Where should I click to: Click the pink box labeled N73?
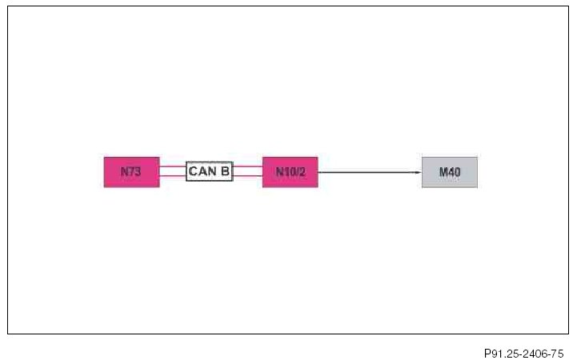tap(131, 172)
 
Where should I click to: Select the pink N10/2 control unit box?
tap(290, 172)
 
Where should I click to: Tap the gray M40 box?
tap(449, 172)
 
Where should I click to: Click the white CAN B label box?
tap(210, 171)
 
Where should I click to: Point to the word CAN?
tap(202, 171)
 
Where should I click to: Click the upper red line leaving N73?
tap(172, 166)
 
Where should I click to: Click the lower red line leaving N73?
tap(172, 176)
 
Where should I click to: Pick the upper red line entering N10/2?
tap(247, 166)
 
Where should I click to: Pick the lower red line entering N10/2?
tap(247, 176)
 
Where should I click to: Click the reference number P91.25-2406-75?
tap(523, 352)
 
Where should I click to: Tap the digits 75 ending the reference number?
tap(558, 352)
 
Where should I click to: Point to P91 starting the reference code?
tap(493, 352)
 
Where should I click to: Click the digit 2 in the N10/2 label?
tap(302, 172)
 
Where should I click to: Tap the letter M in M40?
tap(442, 172)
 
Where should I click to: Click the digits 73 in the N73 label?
tap(135, 172)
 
